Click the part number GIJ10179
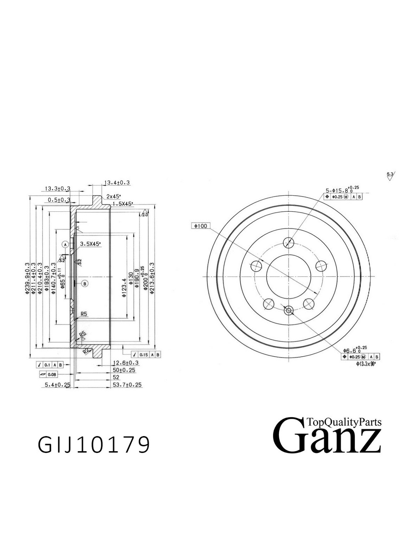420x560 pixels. (x=94, y=445)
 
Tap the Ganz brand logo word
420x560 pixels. (x=327, y=436)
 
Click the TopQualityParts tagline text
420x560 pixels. (x=344, y=422)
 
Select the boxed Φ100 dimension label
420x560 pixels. (x=200, y=226)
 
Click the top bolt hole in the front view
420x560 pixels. (x=289, y=242)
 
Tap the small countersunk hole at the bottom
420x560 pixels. (x=288, y=310)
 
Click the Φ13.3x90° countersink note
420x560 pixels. (x=365, y=364)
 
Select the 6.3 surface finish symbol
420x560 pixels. (x=391, y=175)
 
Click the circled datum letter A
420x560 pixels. (x=65, y=244)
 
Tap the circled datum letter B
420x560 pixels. (x=85, y=284)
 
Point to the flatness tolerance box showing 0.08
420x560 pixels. (x=48, y=374)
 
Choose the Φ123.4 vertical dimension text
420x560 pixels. (x=124, y=288)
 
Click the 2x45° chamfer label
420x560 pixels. (x=114, y=196)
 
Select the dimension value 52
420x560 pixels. (x=116, y=377)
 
